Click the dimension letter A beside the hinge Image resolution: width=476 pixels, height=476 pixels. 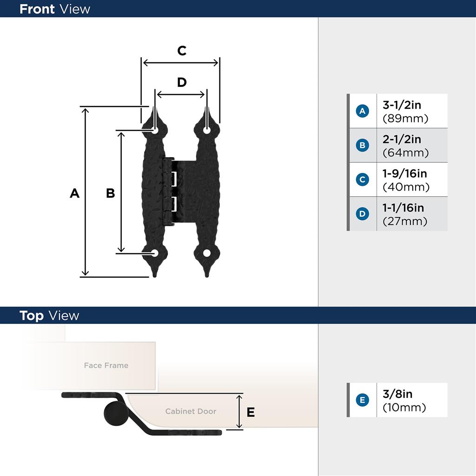(74, 193)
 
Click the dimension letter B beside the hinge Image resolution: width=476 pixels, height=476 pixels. (110, 193)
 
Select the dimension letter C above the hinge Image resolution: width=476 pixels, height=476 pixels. (182, 51)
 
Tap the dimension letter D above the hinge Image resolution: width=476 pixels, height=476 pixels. (182, 82)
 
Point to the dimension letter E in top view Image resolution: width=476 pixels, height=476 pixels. (251, 412)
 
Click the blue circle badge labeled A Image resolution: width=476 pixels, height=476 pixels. (362, 111)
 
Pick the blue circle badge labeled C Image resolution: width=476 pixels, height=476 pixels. (362, 179)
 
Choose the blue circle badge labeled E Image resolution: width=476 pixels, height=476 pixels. (362, 400)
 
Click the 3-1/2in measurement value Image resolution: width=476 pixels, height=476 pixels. (402, 105)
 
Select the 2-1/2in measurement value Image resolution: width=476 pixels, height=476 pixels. (402, 139)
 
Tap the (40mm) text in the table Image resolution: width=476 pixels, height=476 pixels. (405, 187)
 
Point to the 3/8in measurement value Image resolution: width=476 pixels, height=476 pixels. (397, 394)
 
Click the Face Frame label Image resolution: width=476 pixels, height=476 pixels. (106, 365)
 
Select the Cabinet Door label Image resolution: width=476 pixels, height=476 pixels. (191, 411)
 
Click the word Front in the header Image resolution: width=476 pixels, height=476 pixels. (37, 9)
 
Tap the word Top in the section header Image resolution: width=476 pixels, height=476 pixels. (32, 316)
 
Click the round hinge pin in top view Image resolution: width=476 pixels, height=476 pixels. (114, 413)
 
